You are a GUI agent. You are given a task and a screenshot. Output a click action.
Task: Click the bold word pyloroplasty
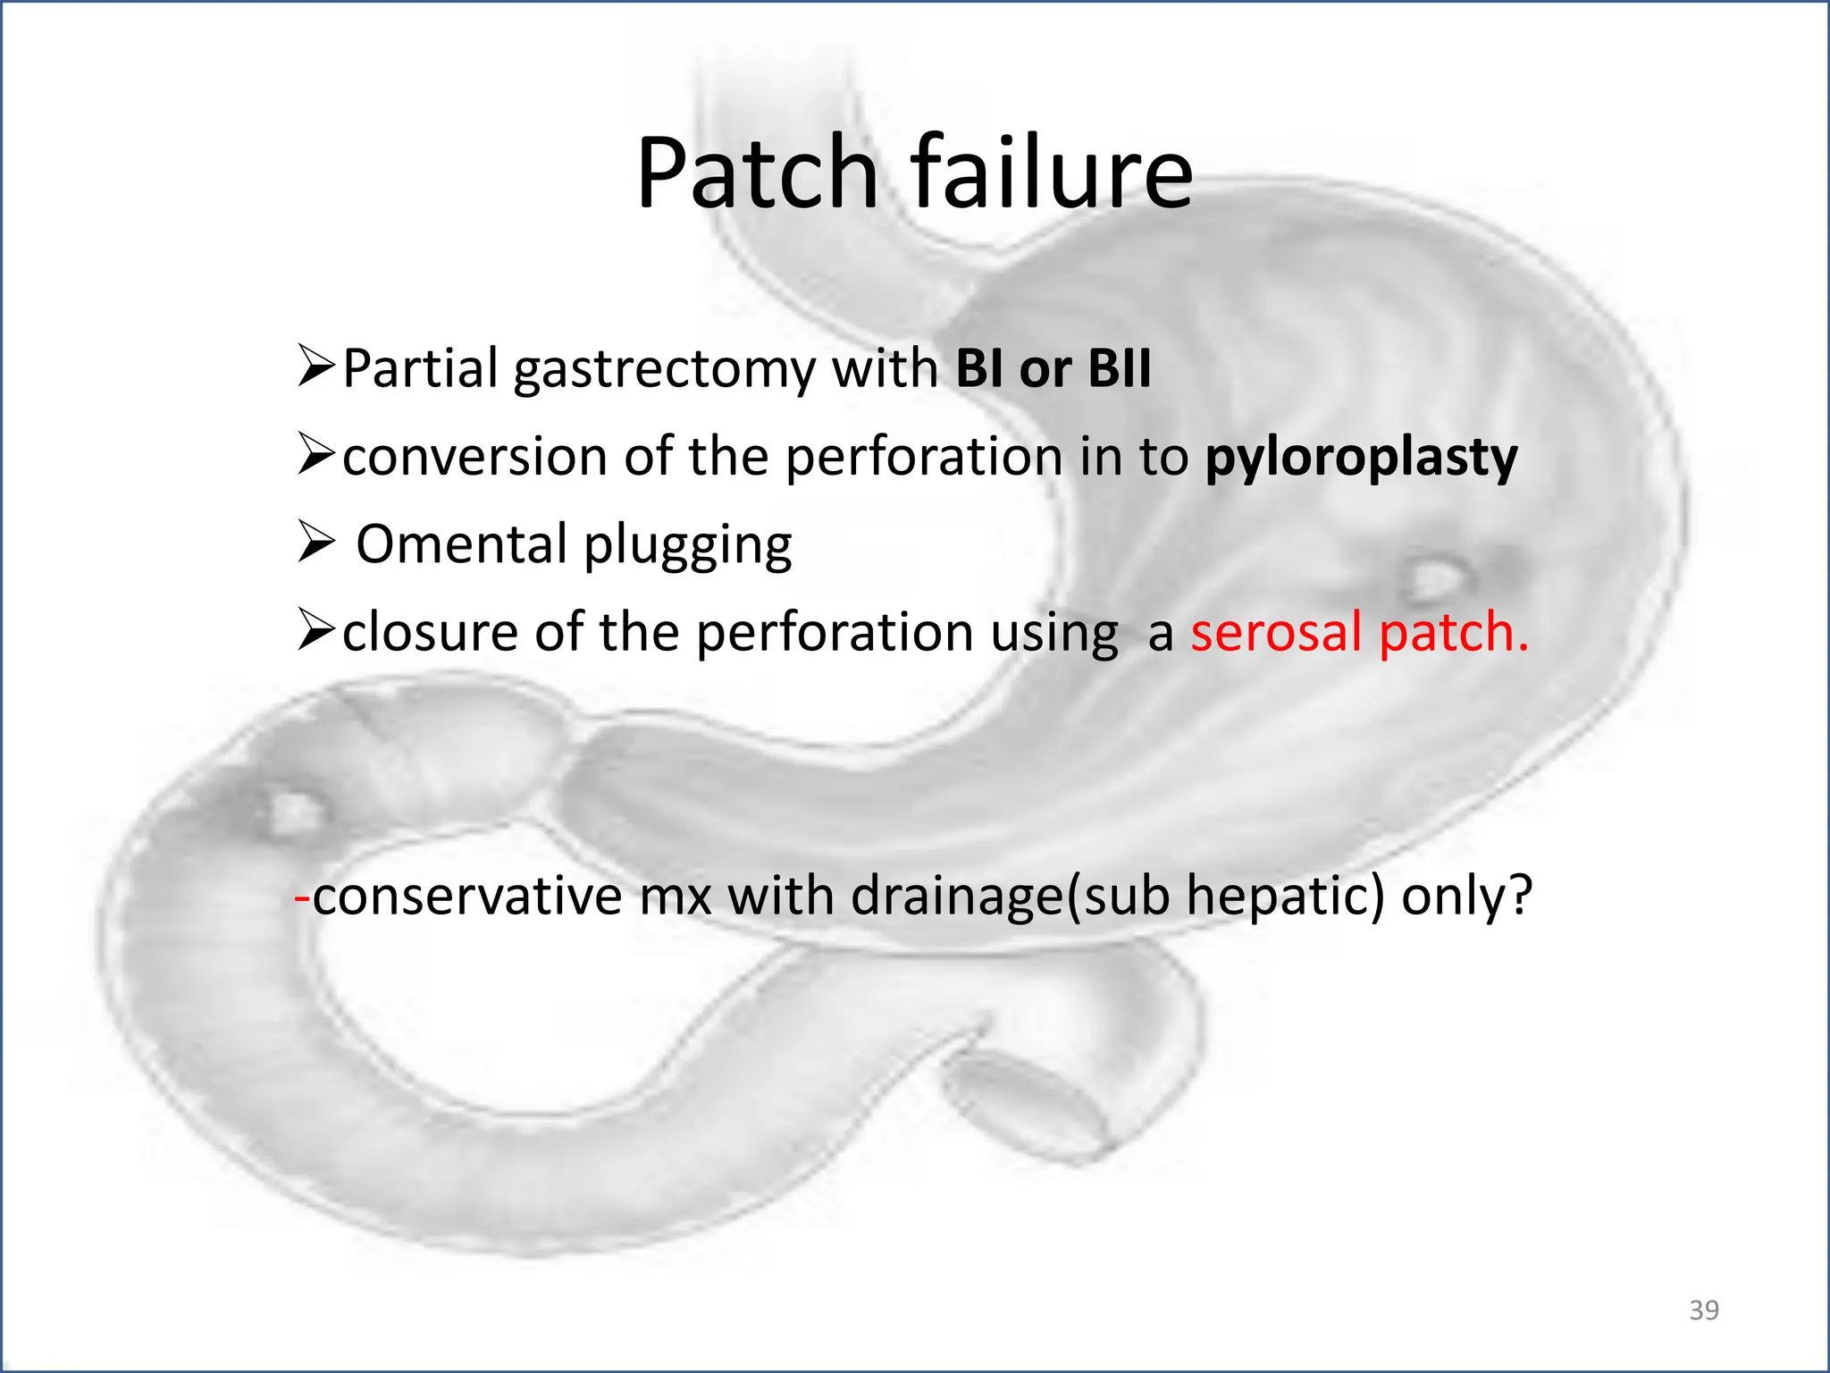[x=1361, y=458]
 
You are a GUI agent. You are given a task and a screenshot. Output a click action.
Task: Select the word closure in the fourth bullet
[x=430, y=632]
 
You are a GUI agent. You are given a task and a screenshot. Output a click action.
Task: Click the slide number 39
[x=1704, y=1310]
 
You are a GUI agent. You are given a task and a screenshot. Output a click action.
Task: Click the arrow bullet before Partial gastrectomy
[x=316, y=366]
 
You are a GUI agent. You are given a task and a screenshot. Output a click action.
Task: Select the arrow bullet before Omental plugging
[x=316, y=543]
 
